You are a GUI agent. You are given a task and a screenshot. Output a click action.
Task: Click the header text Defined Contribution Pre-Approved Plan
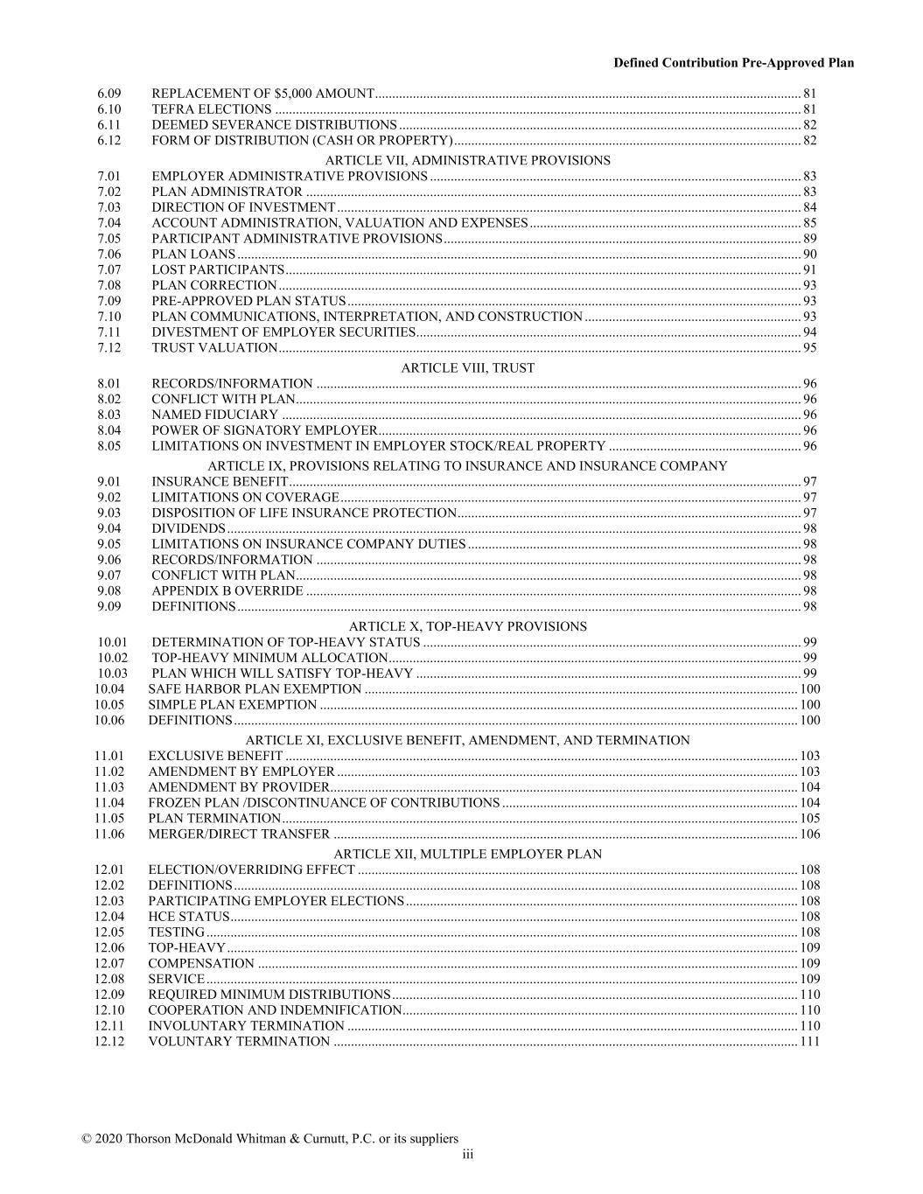(x=733, y=63)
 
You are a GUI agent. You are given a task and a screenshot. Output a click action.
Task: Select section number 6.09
(x=109, y=94)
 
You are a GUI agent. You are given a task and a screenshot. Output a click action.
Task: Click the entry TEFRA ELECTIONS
(x=212, y=109)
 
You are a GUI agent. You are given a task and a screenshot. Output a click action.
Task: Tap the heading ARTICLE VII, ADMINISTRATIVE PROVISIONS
(x=467, y=160)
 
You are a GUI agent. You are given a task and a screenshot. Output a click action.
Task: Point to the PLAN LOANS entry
(x=193, y=255)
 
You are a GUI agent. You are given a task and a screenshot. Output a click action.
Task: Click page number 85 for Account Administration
(x=809, y=223)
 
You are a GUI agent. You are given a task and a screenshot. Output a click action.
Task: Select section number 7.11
(x=109, y=332)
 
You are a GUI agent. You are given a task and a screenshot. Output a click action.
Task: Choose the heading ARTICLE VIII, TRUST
(x=467, y=368)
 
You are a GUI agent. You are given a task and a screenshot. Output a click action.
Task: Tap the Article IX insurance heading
(x=467, y=466)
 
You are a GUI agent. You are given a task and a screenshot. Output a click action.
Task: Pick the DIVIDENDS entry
(x=188, y=528)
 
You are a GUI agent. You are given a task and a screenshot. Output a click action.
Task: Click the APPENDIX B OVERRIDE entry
(x=227, y=591)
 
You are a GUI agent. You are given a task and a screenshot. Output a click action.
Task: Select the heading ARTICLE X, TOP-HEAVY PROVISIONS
(x=467, y=626)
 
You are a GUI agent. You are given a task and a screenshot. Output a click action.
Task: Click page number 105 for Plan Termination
(x=809, y=819)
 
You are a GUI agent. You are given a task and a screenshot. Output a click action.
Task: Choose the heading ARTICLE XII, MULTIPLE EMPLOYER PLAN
(x=467, y=854)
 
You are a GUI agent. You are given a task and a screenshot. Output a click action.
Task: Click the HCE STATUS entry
(x=188, y=917)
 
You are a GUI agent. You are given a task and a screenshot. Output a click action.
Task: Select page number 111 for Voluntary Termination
(x=809, y=1042)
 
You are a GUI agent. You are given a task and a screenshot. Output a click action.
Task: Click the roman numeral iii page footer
(x=468, y=1155)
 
